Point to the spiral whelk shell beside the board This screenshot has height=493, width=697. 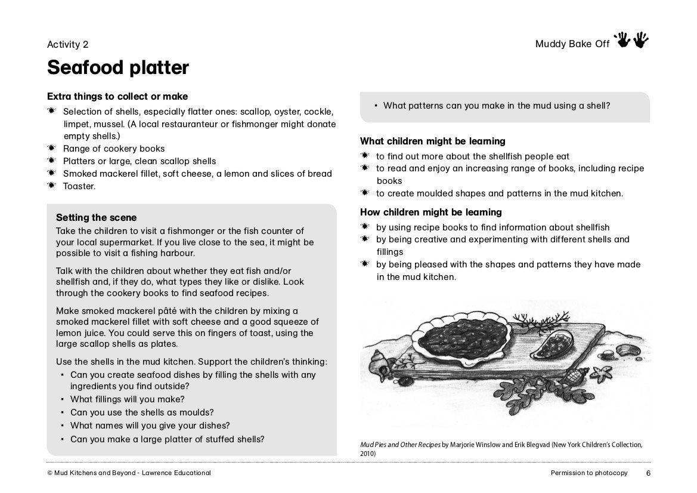point(379,361)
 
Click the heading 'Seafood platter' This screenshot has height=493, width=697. point(118,68)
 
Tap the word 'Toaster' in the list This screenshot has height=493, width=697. point(79,186)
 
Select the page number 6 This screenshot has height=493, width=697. point(648,473)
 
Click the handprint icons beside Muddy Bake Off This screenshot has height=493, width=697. point(633,41)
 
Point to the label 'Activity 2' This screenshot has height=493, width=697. point(68,44)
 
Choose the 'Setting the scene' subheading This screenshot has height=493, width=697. point(96,218)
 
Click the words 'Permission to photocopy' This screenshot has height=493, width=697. point(589,473)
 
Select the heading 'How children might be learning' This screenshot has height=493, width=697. point(431,212)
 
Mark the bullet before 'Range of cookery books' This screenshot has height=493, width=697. point(52,149)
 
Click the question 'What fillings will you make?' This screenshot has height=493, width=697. point(127,399)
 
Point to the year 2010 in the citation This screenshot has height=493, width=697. point(368,454)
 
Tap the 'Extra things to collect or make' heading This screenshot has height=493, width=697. point(117,97)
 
